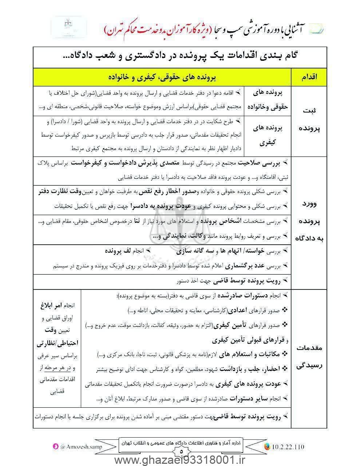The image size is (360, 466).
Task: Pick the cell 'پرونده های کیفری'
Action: [268, 136]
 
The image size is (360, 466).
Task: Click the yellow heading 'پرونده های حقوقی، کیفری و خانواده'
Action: [162, 77]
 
